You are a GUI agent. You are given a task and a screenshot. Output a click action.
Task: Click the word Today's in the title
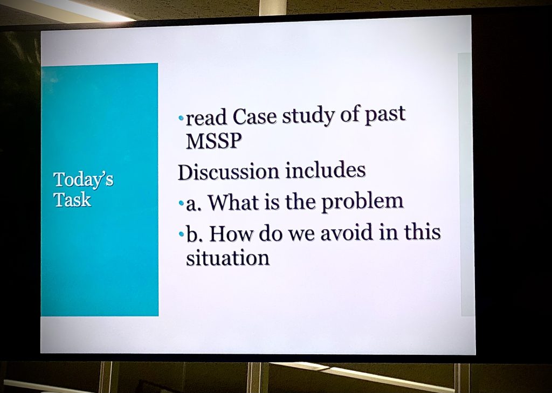pyautogui.click(x=84, y=180)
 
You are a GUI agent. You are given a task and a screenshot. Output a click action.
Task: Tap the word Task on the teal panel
pyautogui.click(x=73, y=199)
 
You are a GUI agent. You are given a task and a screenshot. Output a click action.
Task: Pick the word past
pyautogui.click(x=385, y=115)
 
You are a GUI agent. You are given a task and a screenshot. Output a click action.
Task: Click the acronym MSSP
pyautogui.click(x=214, y=141)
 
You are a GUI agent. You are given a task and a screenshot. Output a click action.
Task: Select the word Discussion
pyautogui.click(x=229, y=171)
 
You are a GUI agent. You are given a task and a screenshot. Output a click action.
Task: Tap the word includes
pyautogui.click(x=325, y=170)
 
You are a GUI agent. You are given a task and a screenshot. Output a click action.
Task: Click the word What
pyautogui.click(x=233, y=202)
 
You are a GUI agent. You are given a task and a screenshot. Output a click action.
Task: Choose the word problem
pyautogui.click(x=362, y=202)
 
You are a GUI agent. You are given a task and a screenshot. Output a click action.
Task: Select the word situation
pyautogui.click(x=227, y=258)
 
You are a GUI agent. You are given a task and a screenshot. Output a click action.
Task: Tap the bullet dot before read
pyautogui.click(x=181, y=118)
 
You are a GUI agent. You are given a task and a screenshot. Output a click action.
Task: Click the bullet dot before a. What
pyautogui.click(x=181, y=203)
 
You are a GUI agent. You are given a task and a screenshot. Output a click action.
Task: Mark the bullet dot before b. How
pyautogui.click(x=181, y=234)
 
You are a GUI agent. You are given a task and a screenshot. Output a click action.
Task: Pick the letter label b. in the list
pyautogui.click(x=195, y=234)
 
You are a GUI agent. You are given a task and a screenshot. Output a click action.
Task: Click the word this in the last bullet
pyautogui.click(x=422, y=232)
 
